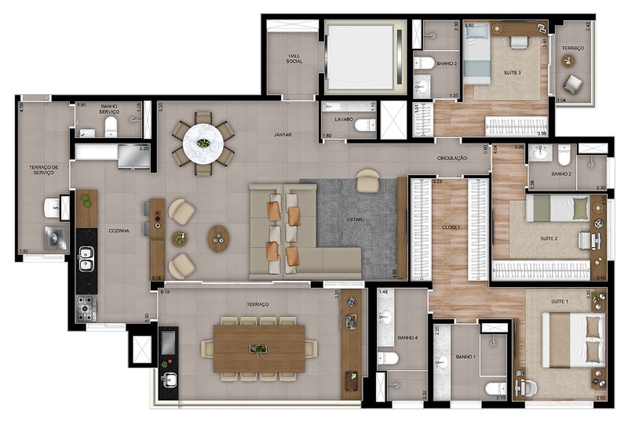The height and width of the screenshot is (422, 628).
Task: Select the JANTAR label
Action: pos(283,134)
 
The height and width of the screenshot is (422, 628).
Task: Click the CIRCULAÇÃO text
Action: pos(453,158)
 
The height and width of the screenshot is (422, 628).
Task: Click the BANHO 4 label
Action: pos(407,338)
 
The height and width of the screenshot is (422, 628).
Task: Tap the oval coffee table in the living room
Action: pos(219,238)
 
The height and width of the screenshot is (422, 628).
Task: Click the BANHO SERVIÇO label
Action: pos(109,111)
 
